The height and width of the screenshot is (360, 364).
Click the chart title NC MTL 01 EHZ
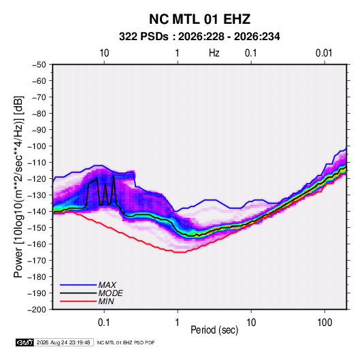[199, 19]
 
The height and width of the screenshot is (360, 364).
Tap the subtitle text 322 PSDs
[144, 37]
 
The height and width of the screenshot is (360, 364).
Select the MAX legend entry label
[107, 284]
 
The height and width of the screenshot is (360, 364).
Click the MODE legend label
[110, 293]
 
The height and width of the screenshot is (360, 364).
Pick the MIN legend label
[106, 301]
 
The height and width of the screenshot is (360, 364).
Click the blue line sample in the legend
[78, 285]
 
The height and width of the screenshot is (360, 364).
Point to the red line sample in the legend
[78, 301]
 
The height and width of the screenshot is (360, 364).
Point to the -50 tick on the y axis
[39, 65]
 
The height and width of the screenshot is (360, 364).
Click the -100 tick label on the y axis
[37, 146]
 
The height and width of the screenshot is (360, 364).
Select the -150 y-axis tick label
[37, 228]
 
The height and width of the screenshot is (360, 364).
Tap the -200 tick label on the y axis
[37, 310]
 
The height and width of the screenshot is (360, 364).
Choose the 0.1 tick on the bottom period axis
[104, 323]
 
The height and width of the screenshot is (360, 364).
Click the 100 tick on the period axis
[325, 323]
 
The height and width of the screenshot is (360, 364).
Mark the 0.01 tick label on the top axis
[324, 53]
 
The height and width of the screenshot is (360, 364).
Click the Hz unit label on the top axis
[214, 53]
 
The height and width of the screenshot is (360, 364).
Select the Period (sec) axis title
[214, 330]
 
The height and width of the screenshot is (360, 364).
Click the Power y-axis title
[18, 187]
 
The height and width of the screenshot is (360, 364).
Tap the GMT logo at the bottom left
[25, 342]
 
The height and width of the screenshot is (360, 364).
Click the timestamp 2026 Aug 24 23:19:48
[63, 342]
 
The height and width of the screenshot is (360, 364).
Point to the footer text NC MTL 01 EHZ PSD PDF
[126, 342]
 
